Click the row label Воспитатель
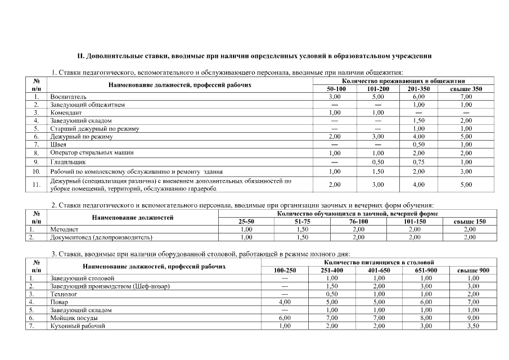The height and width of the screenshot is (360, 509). pos(68,97)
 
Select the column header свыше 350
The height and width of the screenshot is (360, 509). pos(466,89)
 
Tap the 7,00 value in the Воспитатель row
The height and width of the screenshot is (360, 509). pos(466,97)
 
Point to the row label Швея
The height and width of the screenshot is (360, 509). pos(58,145)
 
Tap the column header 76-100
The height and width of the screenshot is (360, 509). pos(359,222)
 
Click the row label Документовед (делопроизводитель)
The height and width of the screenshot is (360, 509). pos(101,237)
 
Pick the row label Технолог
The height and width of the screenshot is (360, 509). pos(64,294)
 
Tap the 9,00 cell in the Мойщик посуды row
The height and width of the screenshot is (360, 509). pos(473,318)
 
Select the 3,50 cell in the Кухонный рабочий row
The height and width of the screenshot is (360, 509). pos(473,326)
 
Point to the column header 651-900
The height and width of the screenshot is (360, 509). pos(426,270)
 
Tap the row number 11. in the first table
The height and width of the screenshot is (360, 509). pos(36,184)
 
